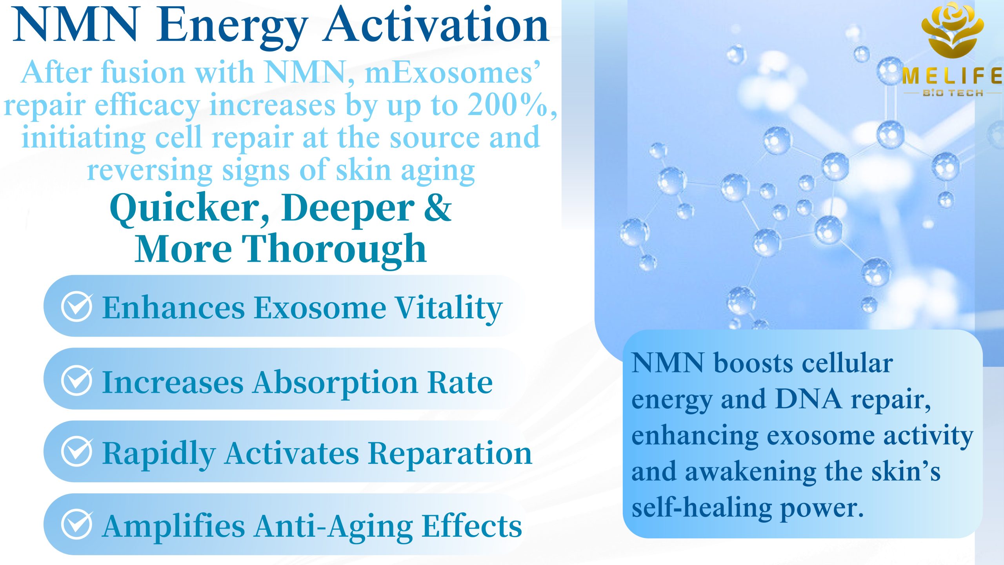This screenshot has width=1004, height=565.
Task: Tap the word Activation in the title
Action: coord(436,24)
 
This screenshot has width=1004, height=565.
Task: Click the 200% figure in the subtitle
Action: coord(507,105)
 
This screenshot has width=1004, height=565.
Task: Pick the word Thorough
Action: coord(334,250)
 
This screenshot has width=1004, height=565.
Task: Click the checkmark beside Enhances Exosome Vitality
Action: coord(77,306)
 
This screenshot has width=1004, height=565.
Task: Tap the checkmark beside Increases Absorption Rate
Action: coord(77,380)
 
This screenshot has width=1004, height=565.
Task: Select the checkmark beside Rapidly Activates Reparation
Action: coord(77,451)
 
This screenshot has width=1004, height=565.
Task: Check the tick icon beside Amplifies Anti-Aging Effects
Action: coord(77,524)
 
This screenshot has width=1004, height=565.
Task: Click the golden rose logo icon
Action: coord(952,31)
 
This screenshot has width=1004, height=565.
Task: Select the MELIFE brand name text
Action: coord(952,76)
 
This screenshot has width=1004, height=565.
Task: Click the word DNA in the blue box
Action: coord(809,399)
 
